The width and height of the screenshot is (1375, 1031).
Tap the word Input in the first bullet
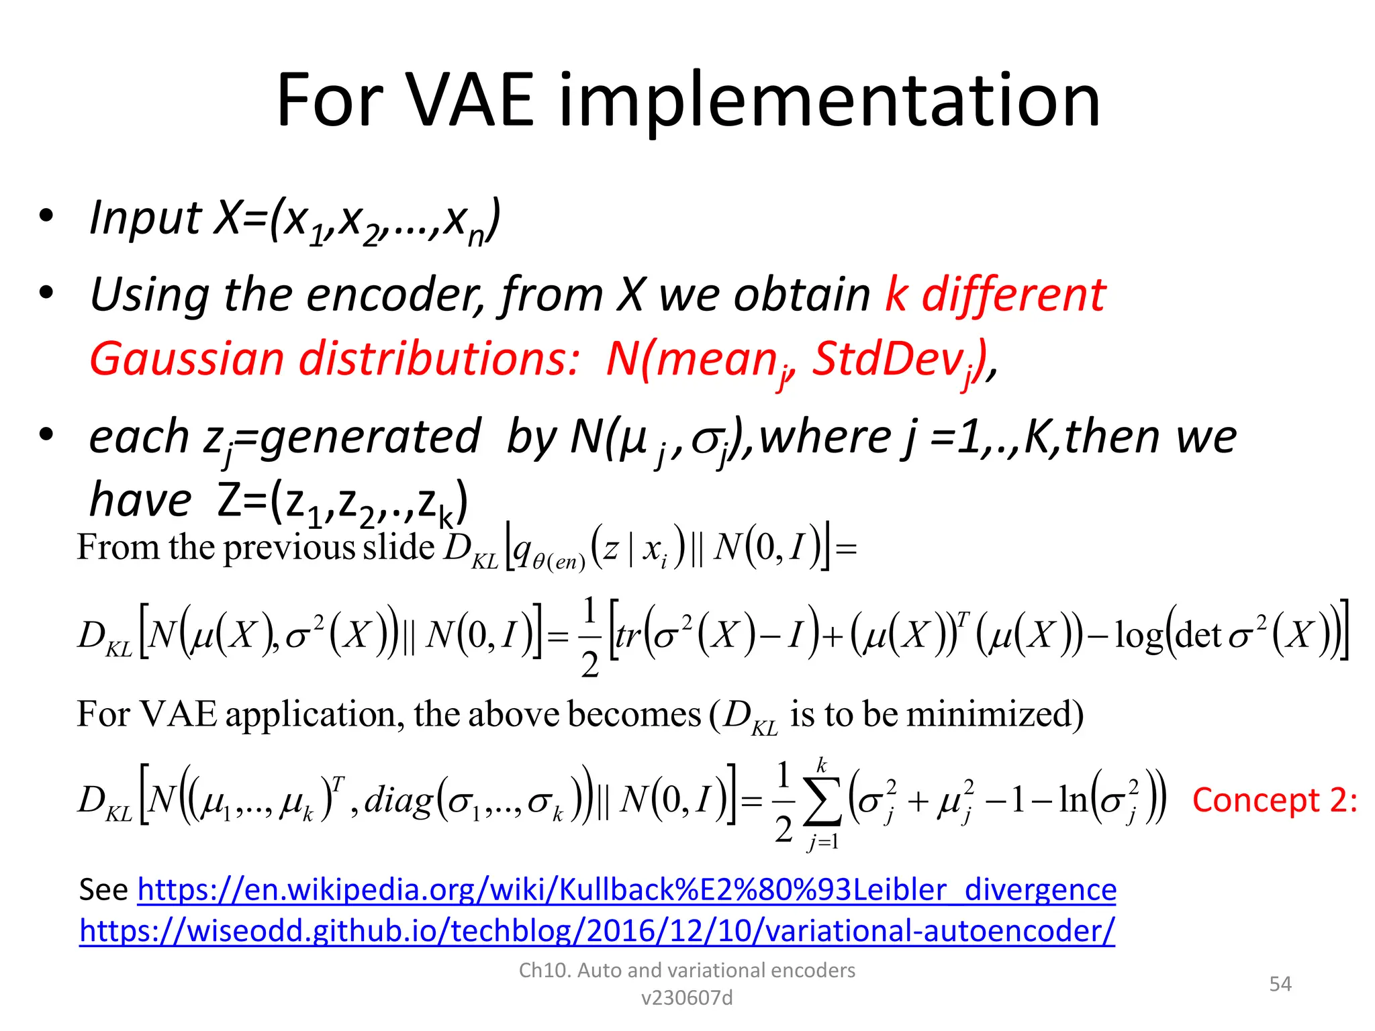(144, 218)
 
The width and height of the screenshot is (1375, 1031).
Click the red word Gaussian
(187, 359)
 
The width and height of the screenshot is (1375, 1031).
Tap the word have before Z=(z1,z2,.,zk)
(141, 501)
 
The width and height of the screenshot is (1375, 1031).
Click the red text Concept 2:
(1274, 800)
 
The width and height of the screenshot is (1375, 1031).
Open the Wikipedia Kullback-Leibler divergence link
(626, 889)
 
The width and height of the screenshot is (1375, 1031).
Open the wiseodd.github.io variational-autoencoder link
(596, 931)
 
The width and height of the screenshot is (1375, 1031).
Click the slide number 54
(1280, 984)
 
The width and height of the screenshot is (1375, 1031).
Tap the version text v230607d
(687, 998)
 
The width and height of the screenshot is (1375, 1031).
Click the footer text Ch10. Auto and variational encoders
(687, 970)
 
